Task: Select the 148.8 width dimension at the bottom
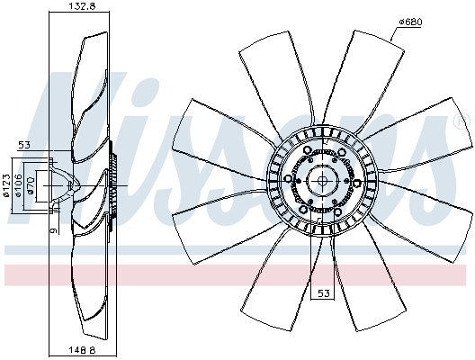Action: click(83, 350)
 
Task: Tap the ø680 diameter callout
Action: click(410, 22)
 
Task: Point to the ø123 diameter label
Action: click(7, 185)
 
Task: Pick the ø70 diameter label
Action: click(30, 185)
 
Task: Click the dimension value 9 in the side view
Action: click(54, 230)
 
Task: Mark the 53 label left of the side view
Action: click(24, 145)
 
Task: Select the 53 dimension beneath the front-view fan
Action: click(323, 293)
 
